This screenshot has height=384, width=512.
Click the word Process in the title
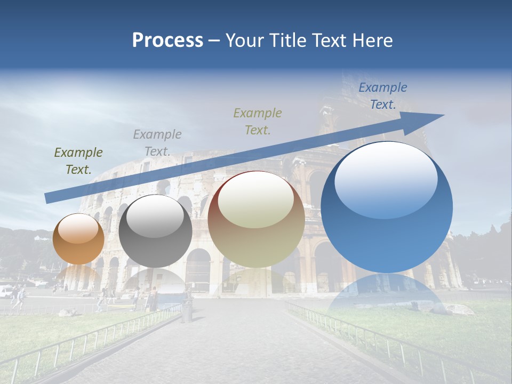tap(167, 41)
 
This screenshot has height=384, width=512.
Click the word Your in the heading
tap(244, 41)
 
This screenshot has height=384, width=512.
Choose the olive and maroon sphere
tap(256, 220)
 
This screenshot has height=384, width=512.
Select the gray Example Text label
tap(157, 143)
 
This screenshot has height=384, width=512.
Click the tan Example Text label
tap(258, 121)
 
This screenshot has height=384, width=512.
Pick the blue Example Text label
tap(383, 96)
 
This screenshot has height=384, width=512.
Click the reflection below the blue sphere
tap(387, 293)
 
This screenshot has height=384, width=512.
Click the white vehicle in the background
tap(5, 291)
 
